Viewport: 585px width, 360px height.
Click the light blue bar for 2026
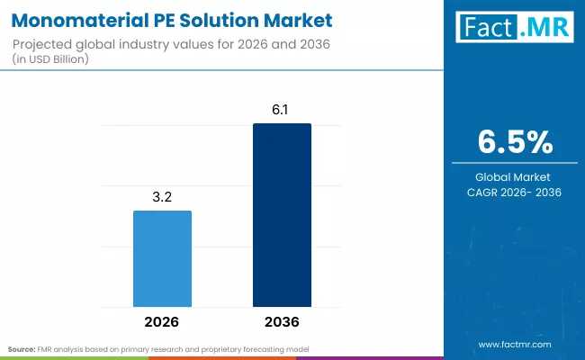(x=162, y=258)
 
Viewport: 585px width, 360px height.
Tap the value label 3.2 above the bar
(x=162, y=194)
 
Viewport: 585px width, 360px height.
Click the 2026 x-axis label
(x=162, y=321)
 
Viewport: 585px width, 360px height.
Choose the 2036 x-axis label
(x=282, y=321)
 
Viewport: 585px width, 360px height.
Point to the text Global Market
(x=514, y=177)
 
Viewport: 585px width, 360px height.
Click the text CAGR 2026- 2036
(x=514, y=193)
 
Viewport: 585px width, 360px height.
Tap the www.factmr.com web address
(x=514, y=344)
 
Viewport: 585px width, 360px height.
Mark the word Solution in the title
(x=222, y=18)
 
